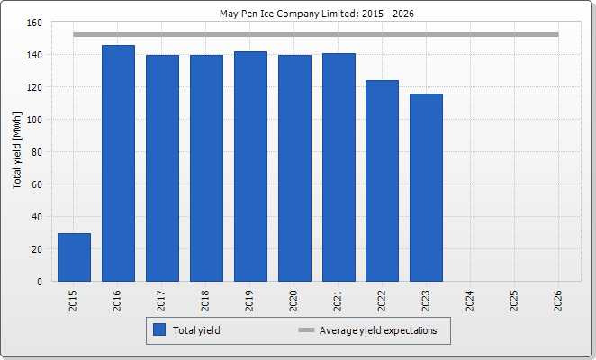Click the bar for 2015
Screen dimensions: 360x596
pyautogui.click(x=74, y=257)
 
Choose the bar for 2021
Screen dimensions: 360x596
pyautogui.click(x=339, y=167)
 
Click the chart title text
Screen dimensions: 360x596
pyautogui.click(x=297, y=13)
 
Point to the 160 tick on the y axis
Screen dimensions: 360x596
pyautogui.click(x=36, y=22)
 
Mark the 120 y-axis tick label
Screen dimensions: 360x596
pyautogui.click(x=36, y=87)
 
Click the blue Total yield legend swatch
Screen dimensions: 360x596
pyautogui.click(x=160, y=330)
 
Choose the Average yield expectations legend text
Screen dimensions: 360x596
pyautogui.click(x=378, y=330)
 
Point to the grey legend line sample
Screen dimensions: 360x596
pyautogui.click(x=306, y=330)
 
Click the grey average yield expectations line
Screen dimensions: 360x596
pyautogui.click(x=315, y=35)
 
